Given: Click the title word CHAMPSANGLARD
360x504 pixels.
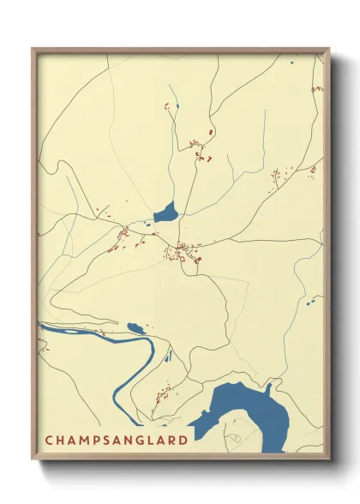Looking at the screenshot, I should pos(116,441).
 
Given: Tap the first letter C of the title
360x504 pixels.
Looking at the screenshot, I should pos(49,441).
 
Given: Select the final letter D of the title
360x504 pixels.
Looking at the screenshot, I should pos(183,441).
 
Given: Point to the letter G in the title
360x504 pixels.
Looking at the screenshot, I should pos(139,441).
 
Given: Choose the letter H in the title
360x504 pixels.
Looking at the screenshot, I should pos(60,441).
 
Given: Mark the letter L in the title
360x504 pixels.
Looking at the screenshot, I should pos(150,441).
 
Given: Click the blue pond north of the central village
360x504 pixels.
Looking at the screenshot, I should pos(165,212).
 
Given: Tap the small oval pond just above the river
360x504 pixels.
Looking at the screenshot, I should pos(135,327).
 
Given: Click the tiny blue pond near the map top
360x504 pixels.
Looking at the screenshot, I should pos(177,105).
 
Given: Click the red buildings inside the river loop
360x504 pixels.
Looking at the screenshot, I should pos(160,397).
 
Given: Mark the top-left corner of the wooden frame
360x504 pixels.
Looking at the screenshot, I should pos(33,49).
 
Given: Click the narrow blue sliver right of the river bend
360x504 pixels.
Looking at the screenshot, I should pos(169,354).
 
